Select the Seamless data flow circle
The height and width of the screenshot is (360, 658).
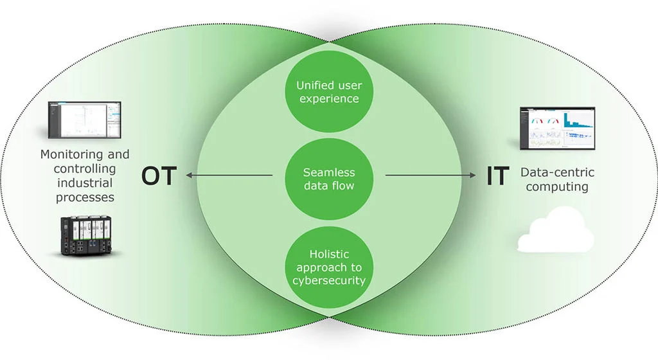click(x=328, y=179)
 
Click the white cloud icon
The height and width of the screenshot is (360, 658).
click(x=555, y=231)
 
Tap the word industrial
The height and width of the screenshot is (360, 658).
click(x=85, y=183)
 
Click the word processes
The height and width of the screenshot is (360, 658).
click(x=85, y=197)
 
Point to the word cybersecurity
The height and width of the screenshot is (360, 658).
click(x=328, y=280)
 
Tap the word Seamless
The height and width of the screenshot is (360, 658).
click(x=328, y=173)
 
